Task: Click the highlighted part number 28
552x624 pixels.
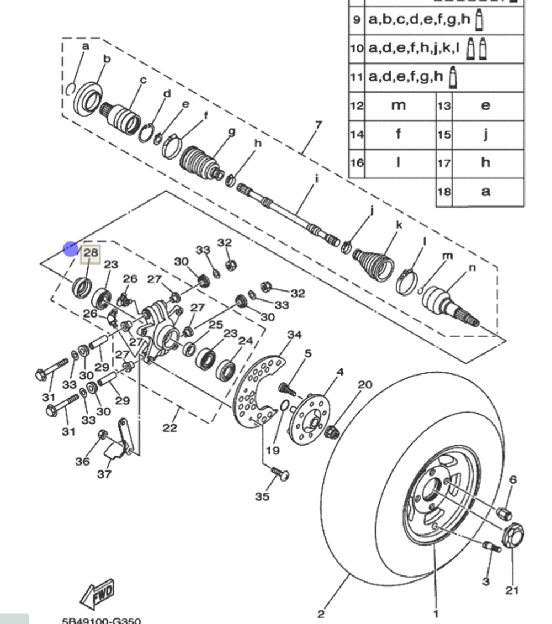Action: coord(91,253)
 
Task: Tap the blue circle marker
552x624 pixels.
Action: coord(71,249)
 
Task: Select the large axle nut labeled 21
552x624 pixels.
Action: coord(513,535)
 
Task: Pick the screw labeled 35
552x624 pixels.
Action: coord(280,473)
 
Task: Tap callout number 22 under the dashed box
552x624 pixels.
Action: coord(169,428)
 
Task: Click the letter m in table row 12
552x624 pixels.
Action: coord(398,105)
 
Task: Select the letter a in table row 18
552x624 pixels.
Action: coord(485,191)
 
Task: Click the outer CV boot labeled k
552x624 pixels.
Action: coord(376,262)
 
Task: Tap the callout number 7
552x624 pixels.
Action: coord(318,125)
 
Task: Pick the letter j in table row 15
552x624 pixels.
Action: coord(485,134)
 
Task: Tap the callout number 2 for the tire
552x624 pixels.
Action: coord(321,614)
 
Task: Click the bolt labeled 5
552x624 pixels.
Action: coord(287,388)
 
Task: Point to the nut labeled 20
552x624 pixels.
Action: coord(332,431)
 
